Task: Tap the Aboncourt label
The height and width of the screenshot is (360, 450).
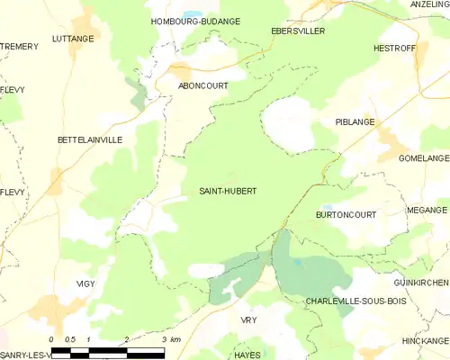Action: pyautogui.click(x=202, y=85)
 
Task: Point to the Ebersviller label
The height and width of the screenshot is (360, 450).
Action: pyautogui.click(x=297, y=30)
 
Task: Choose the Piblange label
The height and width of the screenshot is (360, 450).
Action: pyautogui.click(x=355, y=121)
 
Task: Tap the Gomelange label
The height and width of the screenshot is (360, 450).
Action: pyautogui.click(x=424, y=157)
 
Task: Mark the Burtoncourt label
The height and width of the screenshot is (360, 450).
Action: pyautogui.click(x=346, y=215)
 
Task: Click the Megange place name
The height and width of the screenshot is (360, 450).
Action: pyautogui.click(x=427, y=210)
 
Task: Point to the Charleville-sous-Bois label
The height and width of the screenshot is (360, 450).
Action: pyautogui.click(x=356, y=301)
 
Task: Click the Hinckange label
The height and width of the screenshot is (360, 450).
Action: pyautogui.click(x=426, y=341)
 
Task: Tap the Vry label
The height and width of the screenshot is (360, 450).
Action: pyautogui.click(x=249, y=319)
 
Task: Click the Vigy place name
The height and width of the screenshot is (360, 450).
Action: pyautogui.click(x=85, y=283)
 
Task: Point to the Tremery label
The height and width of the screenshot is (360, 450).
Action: pyautogui.click(x=15, y=46)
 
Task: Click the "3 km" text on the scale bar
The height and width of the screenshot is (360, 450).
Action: pyautogui.click(x=170, y=339)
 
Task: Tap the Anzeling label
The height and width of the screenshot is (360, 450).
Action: pyautogui.click(x=429, y=4)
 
